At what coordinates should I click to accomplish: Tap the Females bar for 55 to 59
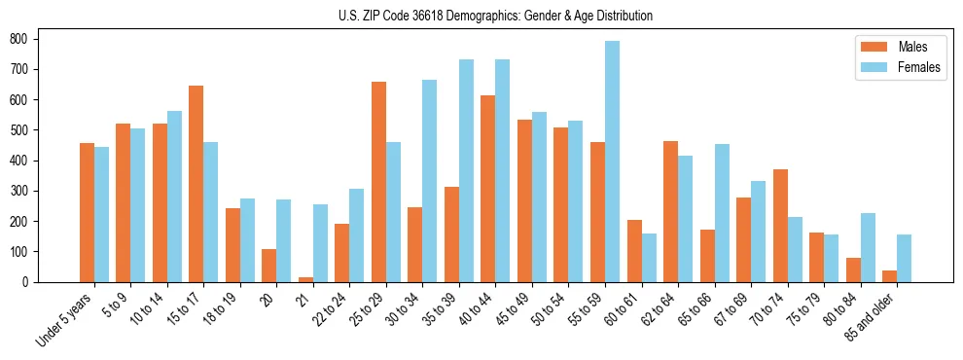click(x=612, y=162)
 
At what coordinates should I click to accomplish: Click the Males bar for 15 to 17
click(x=196, y=184)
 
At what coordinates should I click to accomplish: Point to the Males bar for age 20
click(x=268, y=266)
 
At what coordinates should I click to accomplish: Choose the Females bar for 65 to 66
click(x=722, y=213)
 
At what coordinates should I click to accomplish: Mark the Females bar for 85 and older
click(x=904, y=258)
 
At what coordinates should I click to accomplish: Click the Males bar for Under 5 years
click(x=87, y=212)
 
